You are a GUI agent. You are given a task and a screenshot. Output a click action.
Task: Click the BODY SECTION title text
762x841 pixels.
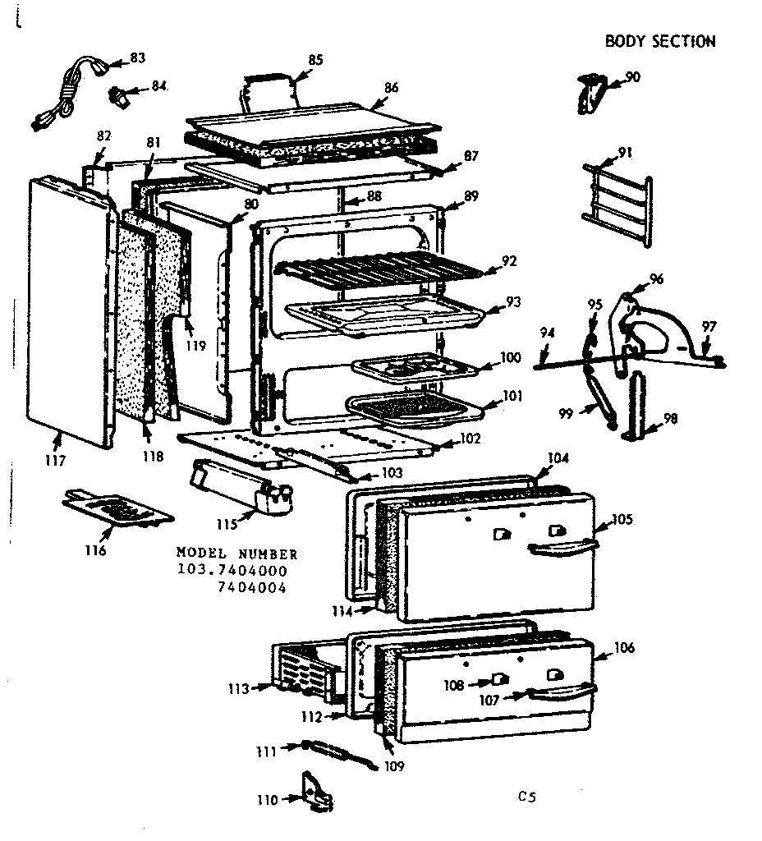point(660,41)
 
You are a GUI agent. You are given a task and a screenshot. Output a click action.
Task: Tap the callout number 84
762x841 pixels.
point(158,86)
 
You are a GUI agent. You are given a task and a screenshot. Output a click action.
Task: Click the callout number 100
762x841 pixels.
point(511,358)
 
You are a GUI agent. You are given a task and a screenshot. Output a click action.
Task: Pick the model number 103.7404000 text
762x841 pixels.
point(232,570)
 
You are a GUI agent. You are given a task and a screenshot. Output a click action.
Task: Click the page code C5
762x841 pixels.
point(526,796)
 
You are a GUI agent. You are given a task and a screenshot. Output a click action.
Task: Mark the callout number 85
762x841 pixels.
point(315,59)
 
